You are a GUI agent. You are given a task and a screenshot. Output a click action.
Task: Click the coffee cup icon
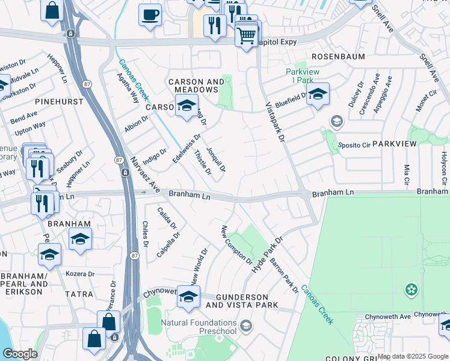pyautogui.click(x=150, y=14)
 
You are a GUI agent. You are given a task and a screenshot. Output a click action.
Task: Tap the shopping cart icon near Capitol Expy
pyautogui.click(x=246, y=36)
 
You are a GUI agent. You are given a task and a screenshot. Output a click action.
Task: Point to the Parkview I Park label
pyautogui.click(x=299, y=76)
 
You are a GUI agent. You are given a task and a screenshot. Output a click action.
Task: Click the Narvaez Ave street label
pyautogui.click(x=144, y=175)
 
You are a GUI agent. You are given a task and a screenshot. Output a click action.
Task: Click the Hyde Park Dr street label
pyautogui.click(x=267, y=253)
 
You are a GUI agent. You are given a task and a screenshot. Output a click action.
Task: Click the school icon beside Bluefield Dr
pyautogui.click(x=318, y=94)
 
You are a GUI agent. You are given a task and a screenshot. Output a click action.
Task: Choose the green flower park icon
pyautogui.click(x=411, y=291)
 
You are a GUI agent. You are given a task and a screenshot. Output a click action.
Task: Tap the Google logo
pyautogui.click(x=20, y=354)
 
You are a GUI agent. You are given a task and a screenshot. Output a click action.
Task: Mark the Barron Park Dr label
pyautogui.click(x=284, y=275)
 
